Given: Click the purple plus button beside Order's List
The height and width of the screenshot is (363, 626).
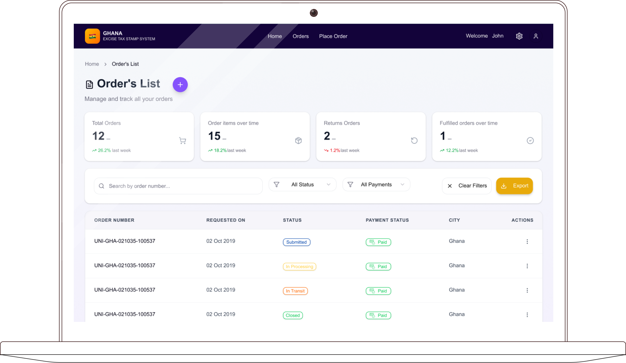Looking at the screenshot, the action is [180, 85].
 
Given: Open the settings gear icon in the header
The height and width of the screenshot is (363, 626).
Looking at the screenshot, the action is [519, 36].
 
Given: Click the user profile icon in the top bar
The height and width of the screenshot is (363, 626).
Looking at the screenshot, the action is [536, 36].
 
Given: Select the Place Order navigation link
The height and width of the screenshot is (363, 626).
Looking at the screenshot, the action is [333, 36].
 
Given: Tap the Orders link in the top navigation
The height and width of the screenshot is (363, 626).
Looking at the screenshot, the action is [301, 36].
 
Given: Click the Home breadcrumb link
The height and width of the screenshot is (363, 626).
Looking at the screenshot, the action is [92, 64].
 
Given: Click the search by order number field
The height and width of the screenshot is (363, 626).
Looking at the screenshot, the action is [178, 186].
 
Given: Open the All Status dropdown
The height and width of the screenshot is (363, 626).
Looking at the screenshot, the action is [302, 184].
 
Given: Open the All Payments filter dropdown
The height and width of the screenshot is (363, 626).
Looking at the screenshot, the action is [376, 184].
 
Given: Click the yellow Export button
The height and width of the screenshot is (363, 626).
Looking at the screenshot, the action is [514, 186].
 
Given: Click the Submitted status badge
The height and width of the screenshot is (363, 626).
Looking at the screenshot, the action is [297, 242].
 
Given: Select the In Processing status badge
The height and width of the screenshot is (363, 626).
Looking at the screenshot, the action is [300, 267].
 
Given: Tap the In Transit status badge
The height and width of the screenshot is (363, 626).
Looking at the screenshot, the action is [295, 291].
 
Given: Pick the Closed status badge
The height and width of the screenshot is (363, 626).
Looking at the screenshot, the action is [293, 315].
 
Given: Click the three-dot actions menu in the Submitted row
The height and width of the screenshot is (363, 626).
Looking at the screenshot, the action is [527, 242].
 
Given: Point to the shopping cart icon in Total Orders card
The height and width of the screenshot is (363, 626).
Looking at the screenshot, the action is [183, 141].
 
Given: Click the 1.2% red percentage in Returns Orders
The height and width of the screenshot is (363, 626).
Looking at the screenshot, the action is [335, 150].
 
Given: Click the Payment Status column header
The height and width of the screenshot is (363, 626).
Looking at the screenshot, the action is [387, 220].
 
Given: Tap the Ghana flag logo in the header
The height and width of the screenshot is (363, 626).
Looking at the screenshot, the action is [92, 36].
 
